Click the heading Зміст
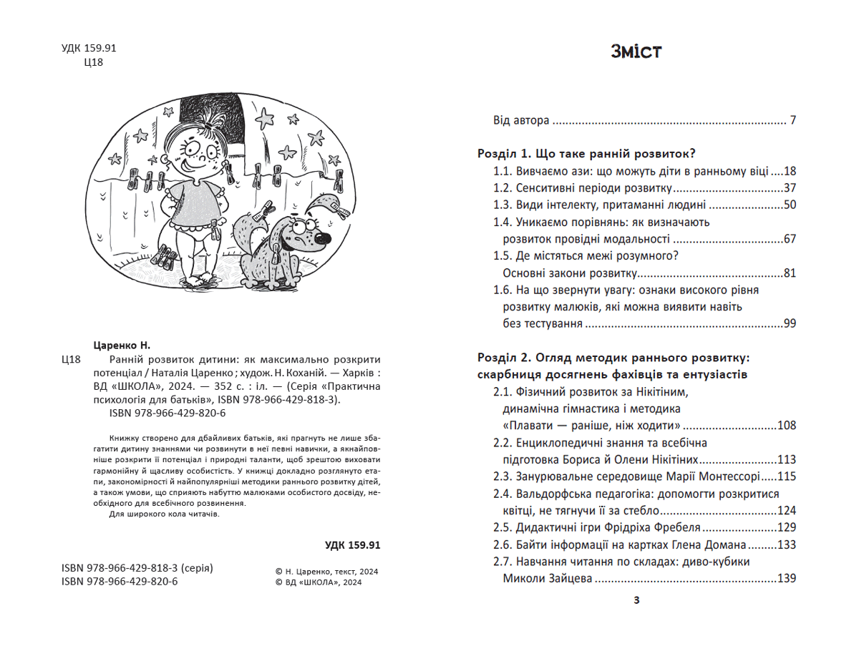pos(636,52)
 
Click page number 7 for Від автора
pos(792,120)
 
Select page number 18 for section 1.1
pos(790,172)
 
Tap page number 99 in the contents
pos(790,324)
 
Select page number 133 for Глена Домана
pos(787,545)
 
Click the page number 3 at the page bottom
pos(636,600)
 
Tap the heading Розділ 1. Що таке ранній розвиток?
pos(587,154)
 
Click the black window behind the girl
pos(215,118)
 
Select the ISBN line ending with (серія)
pos(137,568)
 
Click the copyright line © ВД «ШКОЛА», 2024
pos(319,582)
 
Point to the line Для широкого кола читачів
pos(164,514)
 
